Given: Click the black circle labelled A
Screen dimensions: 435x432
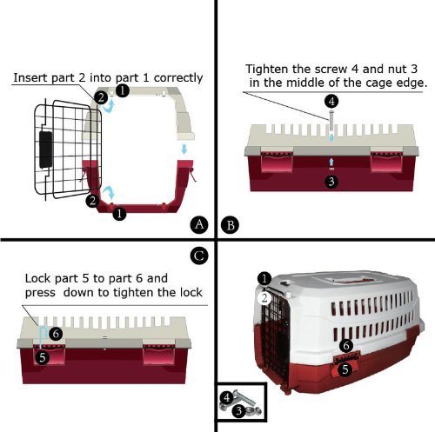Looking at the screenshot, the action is pos(199,225).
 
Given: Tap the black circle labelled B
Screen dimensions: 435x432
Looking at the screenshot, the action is pos(230,225).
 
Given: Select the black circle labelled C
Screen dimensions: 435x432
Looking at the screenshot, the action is pos(199,256).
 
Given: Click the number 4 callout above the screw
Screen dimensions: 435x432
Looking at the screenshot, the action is pos(331,102).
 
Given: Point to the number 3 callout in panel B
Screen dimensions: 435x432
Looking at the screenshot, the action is pos(331,182).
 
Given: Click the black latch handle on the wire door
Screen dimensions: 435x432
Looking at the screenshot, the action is pos(46,150).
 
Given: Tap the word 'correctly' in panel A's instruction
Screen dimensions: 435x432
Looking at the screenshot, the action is pos(178,78).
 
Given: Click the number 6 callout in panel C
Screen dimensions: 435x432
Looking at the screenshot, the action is pos(56,334).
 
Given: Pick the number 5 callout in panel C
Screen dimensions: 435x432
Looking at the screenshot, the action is pos(43,358).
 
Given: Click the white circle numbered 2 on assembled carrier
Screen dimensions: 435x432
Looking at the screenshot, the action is pos(264,298).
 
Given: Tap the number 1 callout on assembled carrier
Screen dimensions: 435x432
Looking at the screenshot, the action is pos(264,279).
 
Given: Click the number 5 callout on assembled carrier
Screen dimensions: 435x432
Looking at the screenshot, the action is pos(345,369).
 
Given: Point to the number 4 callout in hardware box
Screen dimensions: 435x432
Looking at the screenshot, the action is pos(227,397).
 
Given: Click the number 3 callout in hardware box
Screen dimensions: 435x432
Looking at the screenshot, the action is pos(238,410).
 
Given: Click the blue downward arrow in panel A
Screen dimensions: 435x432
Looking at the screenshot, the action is pos(184,150).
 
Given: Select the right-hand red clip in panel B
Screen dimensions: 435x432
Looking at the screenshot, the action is pos(387,159).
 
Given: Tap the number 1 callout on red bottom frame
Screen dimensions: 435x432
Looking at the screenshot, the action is pos(119,214).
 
